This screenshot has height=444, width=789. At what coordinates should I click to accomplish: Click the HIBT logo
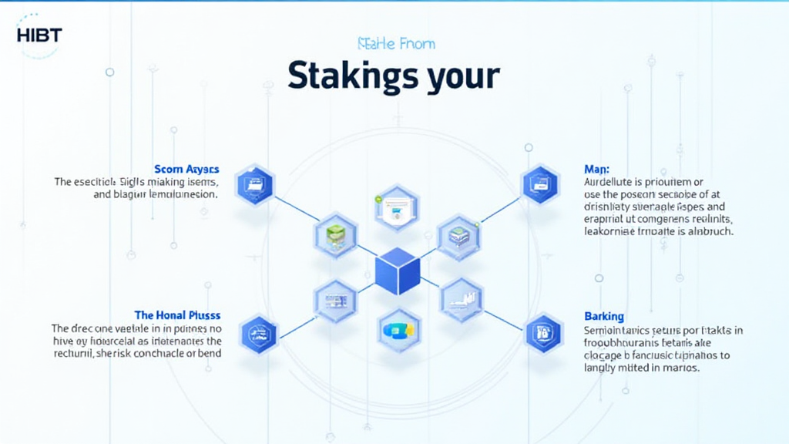39,35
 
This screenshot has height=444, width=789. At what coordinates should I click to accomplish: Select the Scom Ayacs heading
186,169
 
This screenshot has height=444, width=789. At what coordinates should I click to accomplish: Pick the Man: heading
597,168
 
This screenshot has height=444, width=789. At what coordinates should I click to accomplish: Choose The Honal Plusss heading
177,315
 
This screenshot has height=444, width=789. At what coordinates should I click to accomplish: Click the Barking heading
604,316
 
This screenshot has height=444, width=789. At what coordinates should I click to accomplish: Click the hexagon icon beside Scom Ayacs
254,185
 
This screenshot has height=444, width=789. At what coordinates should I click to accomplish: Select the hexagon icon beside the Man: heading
539,185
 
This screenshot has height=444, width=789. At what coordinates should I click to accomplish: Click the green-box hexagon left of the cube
336,235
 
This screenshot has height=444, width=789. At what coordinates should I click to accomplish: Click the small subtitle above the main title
393,44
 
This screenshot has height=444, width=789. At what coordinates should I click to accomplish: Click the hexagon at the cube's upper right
459,237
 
